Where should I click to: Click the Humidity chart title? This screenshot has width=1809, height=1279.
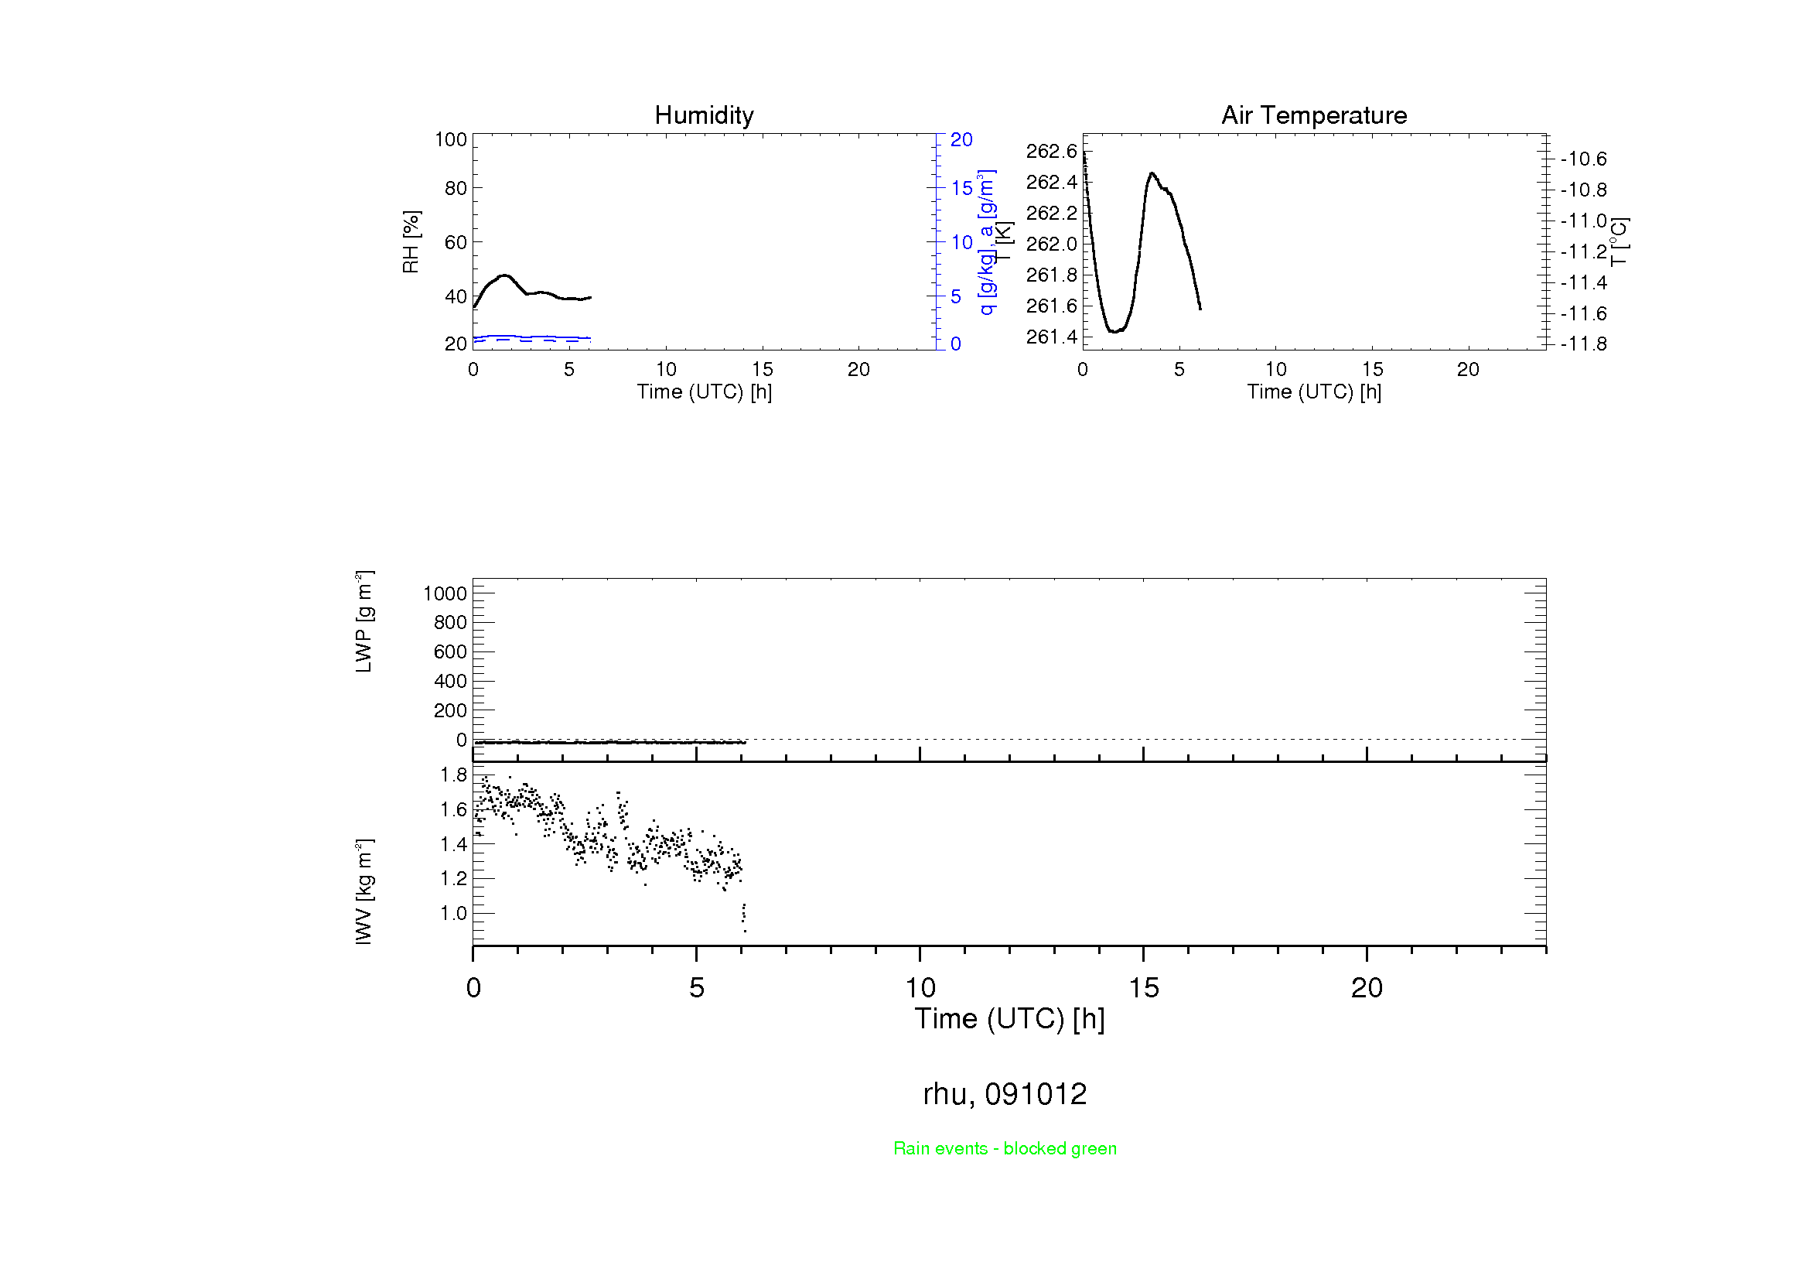pyautogui.click(x=704, y=115)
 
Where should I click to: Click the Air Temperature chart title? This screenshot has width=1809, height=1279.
pyautogui.click(x=1313, y=115)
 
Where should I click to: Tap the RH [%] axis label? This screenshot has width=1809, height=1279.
pyautogui.click(x=411, y=242)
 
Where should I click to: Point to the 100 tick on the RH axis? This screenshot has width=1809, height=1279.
pyautogui.click(x=451, y=139)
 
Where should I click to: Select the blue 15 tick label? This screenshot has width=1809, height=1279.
pyautogui.click(x=961, y=188)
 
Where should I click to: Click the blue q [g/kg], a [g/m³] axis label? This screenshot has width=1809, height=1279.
pyautogui.click(x=986, y=242)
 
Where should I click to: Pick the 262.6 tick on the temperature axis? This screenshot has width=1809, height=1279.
pyautogui.click(x=1051, y=152)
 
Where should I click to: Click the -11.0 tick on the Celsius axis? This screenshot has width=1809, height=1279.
pyautogui.click(x=1583, y=221)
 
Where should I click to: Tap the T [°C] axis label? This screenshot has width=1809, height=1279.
pyautogui.click(x=1619, y=242)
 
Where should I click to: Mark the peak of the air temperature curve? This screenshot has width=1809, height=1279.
pyautogui.click(x=1152, y=173)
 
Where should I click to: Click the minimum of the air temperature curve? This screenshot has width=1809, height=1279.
pyautogui.click(x=1114, y=332)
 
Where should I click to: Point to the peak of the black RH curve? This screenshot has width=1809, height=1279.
pyautogui.click(x=504, y=275)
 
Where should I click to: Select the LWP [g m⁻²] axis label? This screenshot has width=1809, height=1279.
pyautogui.click(x=364, y=622)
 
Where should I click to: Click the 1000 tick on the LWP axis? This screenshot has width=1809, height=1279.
pyautogui.click(x=445, y=593)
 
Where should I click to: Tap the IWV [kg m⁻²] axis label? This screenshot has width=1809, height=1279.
pyautogui.click(x=364, y=891)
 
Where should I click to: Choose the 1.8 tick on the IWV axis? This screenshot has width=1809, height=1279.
pyautogui.click(x=453, y=775)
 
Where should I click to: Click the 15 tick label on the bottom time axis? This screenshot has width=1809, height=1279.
pyautogui.click(x=1143, y=988)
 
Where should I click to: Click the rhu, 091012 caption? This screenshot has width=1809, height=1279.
pyautogui.click(x=1005, y=1094)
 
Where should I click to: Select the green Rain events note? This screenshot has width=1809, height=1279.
pyautogui.click(x=1005, y=1148)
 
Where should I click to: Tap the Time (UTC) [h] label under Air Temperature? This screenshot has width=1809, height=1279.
pyautogui.click(x=1313, y=392)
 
